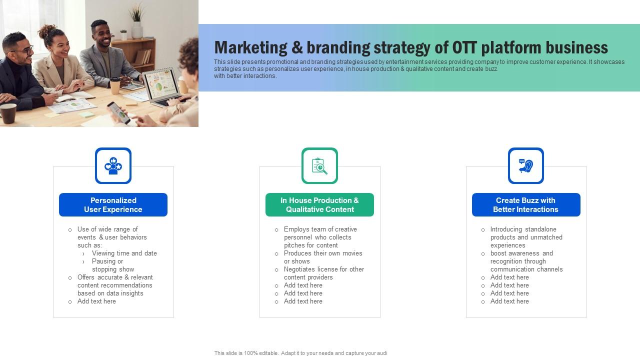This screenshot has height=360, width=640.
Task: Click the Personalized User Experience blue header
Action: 113,205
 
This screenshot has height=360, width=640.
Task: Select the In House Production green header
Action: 319,205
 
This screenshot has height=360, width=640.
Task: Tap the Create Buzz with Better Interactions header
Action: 526,205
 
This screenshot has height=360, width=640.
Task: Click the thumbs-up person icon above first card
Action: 113,165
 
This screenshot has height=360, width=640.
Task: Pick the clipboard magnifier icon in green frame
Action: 319,165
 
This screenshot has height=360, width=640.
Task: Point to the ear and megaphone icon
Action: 526,165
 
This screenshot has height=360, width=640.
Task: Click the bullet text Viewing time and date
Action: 124,253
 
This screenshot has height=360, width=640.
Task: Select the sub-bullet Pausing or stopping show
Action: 112,265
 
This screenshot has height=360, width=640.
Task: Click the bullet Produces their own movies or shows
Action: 322,257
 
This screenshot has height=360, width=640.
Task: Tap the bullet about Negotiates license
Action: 323,273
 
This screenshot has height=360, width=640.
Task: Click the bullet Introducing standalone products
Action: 526,237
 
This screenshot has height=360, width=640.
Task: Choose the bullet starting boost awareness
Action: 526,261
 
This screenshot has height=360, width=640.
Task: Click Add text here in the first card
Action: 96,301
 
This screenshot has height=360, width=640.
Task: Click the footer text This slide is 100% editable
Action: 300,353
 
